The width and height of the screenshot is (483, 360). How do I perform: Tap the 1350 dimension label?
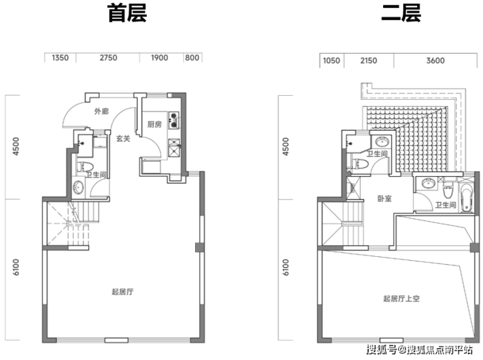(x=60, y=58)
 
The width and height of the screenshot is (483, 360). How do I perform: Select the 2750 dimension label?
(x=108, y=58)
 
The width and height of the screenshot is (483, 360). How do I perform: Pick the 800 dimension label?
(x=191, y=58)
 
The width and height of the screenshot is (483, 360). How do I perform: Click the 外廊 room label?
(x=101, y=112)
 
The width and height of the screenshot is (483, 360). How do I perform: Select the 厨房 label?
(x=154, y=125)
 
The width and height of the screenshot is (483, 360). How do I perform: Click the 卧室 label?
(x=384, y=199)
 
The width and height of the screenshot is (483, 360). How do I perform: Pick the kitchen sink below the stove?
(x=174, y=147)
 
